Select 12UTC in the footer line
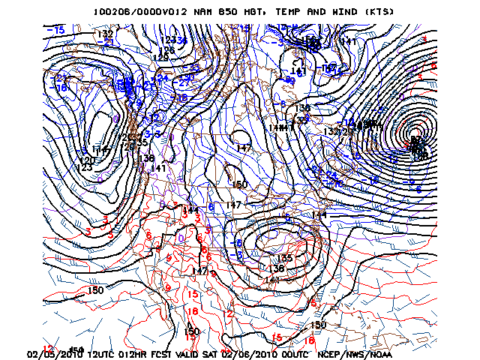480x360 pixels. point(104,354)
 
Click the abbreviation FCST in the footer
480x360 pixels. point(170,354)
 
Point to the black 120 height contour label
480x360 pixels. point(88,160)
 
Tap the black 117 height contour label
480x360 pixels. point(105,152)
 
